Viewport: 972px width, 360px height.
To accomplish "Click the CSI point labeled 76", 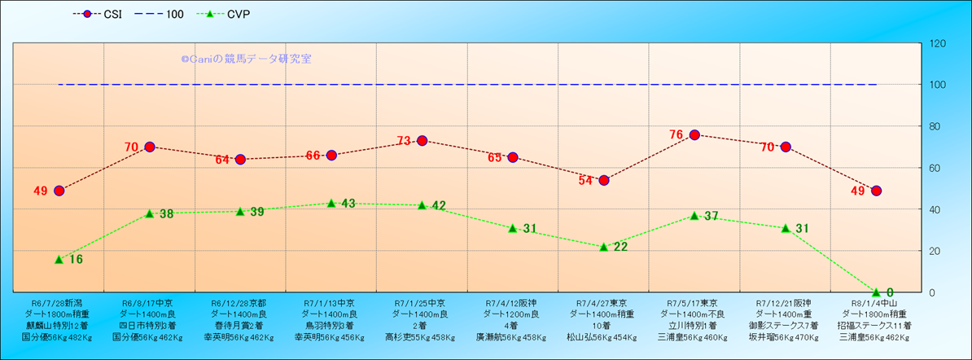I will (694, 134).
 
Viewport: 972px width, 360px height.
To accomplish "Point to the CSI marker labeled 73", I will (422, 141).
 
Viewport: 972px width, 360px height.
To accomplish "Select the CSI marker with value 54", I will (603, 180).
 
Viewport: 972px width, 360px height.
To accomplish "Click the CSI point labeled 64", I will (240, 160).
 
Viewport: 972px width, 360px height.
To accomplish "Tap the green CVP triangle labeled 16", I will (59, 259).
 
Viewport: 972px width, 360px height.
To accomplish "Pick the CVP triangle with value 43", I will (331, 203).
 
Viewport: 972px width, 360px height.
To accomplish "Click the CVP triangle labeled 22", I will (603, 246).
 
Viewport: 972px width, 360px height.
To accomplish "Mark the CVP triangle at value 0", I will (876, 292).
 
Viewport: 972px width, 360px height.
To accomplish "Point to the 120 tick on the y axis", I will (937, 43).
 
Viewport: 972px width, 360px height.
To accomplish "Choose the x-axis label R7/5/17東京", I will (694, 302).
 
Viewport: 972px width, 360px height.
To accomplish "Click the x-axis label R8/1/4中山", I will (875, 302).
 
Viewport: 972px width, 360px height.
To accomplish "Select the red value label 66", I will (313, 156).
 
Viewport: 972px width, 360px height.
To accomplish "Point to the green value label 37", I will (711, 216).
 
